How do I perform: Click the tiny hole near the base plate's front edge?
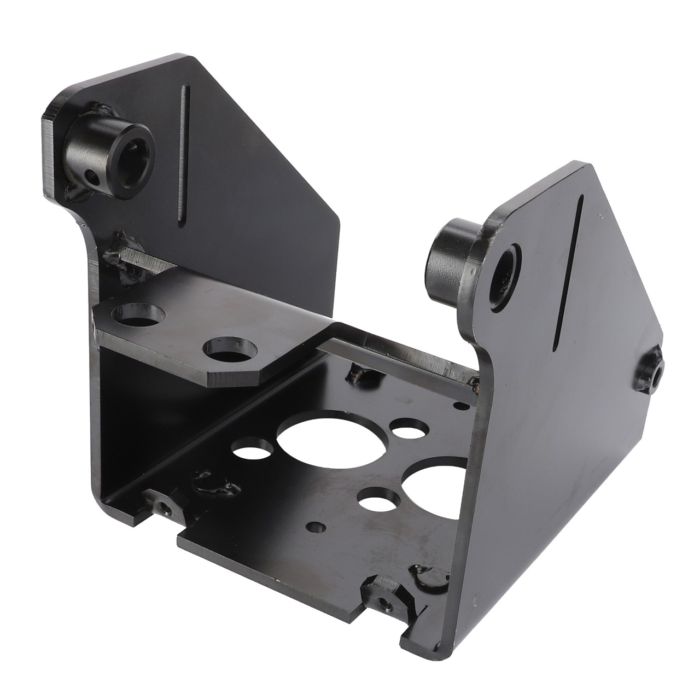316,527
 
